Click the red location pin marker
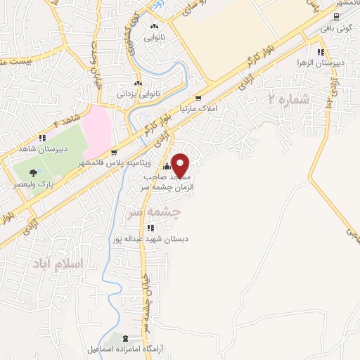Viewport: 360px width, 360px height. coord(181,165)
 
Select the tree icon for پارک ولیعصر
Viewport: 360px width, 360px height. coord(32,172)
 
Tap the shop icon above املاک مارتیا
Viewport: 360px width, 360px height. coord(199,98)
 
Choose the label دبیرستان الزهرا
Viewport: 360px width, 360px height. coord(321,63)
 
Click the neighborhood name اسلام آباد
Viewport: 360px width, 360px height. coord(58,263)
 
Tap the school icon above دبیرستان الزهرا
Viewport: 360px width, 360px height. coord(321,51)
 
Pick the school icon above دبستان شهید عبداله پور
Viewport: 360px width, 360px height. coord(150,228)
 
